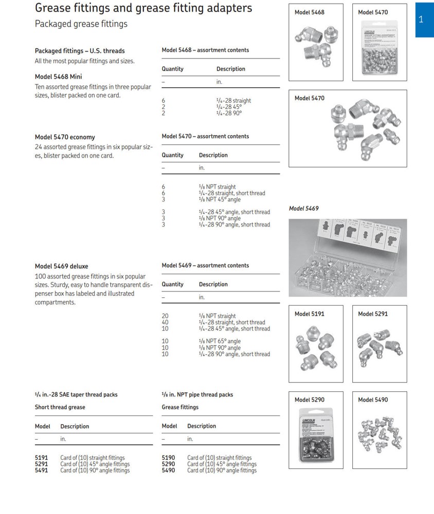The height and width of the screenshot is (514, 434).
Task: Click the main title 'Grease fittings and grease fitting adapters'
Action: click(143, 8)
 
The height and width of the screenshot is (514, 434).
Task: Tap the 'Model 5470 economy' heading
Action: click(65, 137)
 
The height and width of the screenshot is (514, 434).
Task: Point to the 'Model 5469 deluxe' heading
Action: click(61, 266)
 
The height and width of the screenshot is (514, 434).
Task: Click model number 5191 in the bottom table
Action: click(41, 458)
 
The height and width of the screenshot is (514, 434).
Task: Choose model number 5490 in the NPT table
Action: click(168, 470)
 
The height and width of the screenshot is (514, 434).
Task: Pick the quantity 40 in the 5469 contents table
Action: click(165, 322)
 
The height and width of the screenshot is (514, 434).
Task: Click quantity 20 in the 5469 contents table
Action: click(165, 316)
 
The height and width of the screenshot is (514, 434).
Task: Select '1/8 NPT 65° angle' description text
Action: click(220, 341)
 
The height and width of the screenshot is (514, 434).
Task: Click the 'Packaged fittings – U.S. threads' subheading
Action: click(80, 51)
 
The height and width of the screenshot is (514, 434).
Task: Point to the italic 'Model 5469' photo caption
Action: click(303, 208)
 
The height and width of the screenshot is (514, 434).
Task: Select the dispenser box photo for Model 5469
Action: click(348, 258)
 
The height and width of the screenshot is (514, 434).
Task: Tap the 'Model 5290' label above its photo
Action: click(309, 399)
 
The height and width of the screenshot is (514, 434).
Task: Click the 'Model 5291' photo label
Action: click(373, 314)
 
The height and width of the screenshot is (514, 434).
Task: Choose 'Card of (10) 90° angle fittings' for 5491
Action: click(95, 470)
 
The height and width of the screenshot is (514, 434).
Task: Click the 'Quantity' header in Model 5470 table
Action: click(172, 155)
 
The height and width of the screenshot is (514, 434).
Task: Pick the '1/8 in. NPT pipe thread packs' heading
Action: click(197, 394)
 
